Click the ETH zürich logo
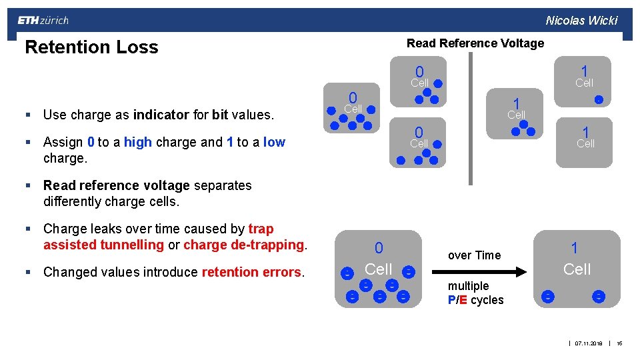coord(43,21)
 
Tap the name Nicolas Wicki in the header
coord(581,21)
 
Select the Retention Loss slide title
coord(91,47)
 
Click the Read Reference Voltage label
coord(475,43)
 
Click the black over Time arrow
coord(479,271)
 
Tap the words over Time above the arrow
coord(474,255)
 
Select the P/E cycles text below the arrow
coord(476,300)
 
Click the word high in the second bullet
coord(137,142)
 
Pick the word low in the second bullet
coord(274,142)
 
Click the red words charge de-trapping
coord(244,245)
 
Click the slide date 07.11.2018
coord(589,343)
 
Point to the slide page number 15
coord(619,343)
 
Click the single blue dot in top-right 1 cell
coord(599,100)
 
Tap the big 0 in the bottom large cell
coord(379,248)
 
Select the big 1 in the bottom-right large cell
coord(574,248)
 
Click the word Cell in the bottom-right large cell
coord(577,269)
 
